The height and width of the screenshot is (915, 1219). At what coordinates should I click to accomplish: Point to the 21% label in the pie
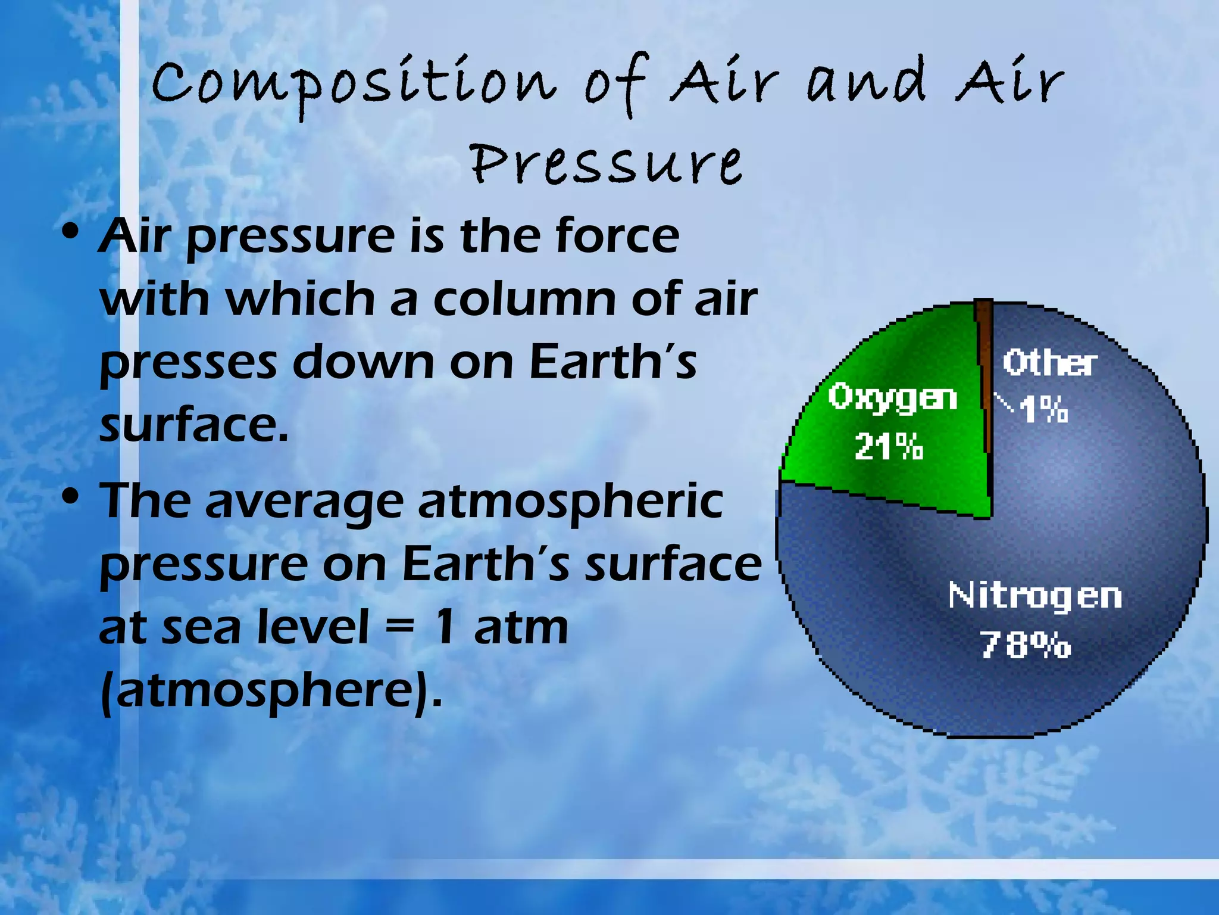tap(888, 447)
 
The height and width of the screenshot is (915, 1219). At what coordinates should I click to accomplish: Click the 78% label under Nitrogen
tap(1025, 645)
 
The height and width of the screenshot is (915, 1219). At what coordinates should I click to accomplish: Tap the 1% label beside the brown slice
tap(1043, 410)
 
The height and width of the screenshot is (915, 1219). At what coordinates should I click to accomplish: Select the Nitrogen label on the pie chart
tap(1034, 596)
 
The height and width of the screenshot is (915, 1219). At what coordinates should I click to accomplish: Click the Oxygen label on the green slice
tap(892, 397)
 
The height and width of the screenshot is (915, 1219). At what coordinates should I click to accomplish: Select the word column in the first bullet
tap(527, 299)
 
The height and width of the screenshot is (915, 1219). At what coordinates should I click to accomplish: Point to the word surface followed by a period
tap(193, 425)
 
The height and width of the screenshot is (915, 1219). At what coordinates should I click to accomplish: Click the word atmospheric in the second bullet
tap(570, 502)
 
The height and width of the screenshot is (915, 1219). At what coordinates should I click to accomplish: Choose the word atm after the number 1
tap(521, 627)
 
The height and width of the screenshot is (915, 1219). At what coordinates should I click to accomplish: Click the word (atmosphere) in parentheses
tap(271, 691)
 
